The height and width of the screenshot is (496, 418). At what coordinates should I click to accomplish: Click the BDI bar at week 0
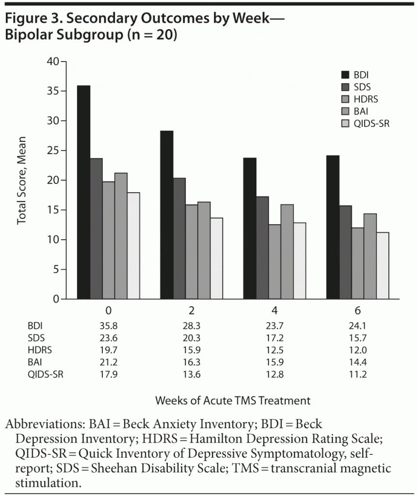tap(83, 192)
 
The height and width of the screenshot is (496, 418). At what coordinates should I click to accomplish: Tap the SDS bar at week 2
tap(179, 238)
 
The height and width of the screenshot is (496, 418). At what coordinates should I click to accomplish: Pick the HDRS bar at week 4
tap(275, 262)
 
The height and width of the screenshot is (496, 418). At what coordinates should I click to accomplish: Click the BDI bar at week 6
tap(333, 227)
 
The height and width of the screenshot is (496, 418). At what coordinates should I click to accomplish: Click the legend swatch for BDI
tap(345, 75)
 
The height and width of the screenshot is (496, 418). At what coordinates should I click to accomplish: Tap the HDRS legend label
tap(366, 99)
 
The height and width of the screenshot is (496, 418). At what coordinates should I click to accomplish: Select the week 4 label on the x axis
tap(275, 310)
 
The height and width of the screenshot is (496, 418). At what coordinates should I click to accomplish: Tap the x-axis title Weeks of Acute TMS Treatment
tap(233, 401)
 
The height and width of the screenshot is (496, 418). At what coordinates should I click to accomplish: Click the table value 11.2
tap(357, 374)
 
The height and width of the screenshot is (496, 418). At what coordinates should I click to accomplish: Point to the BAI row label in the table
tap(36, 362)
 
